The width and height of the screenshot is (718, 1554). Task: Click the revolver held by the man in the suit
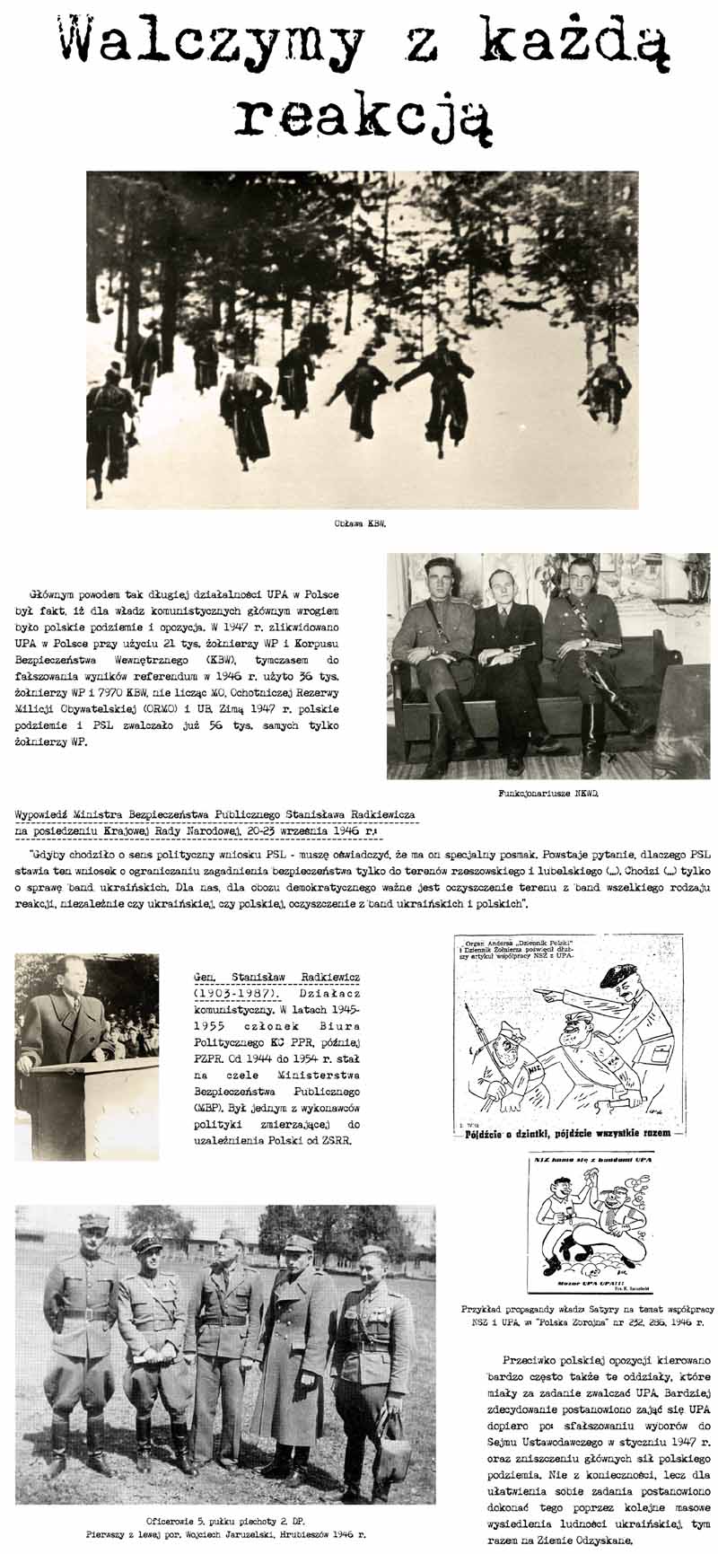click(521, 648)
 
